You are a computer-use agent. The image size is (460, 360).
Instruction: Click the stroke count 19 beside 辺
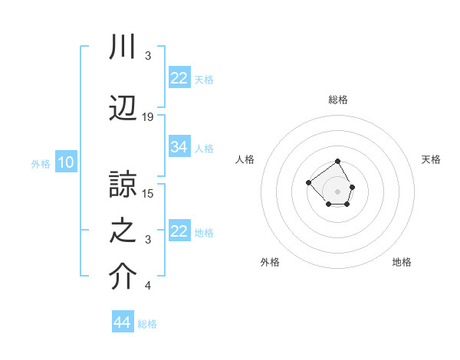coord(148,116)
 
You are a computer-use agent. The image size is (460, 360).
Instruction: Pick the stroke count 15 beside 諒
coord(148,193)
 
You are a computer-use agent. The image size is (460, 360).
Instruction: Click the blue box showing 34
coord(179,147)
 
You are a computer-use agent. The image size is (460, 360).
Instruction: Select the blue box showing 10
coord(66,162)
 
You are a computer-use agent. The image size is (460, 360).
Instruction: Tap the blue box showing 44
coord(123,322)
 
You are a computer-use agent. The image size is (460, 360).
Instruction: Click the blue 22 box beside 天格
coord(179,78)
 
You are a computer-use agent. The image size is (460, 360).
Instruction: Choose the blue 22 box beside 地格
coord(179,231)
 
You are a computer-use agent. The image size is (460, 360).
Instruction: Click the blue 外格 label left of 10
coord(41,163)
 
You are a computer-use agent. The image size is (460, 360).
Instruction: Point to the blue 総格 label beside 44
coord(147,324)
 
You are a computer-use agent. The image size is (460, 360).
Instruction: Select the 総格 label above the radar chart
coord(338,100)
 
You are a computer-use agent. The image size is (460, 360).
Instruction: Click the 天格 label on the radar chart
coord(432,159)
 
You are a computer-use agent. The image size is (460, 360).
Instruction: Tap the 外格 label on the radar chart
coord(270,262)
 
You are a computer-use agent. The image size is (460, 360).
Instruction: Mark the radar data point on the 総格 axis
coord(338,162)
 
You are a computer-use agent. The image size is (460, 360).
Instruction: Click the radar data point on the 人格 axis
coord(308,182)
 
